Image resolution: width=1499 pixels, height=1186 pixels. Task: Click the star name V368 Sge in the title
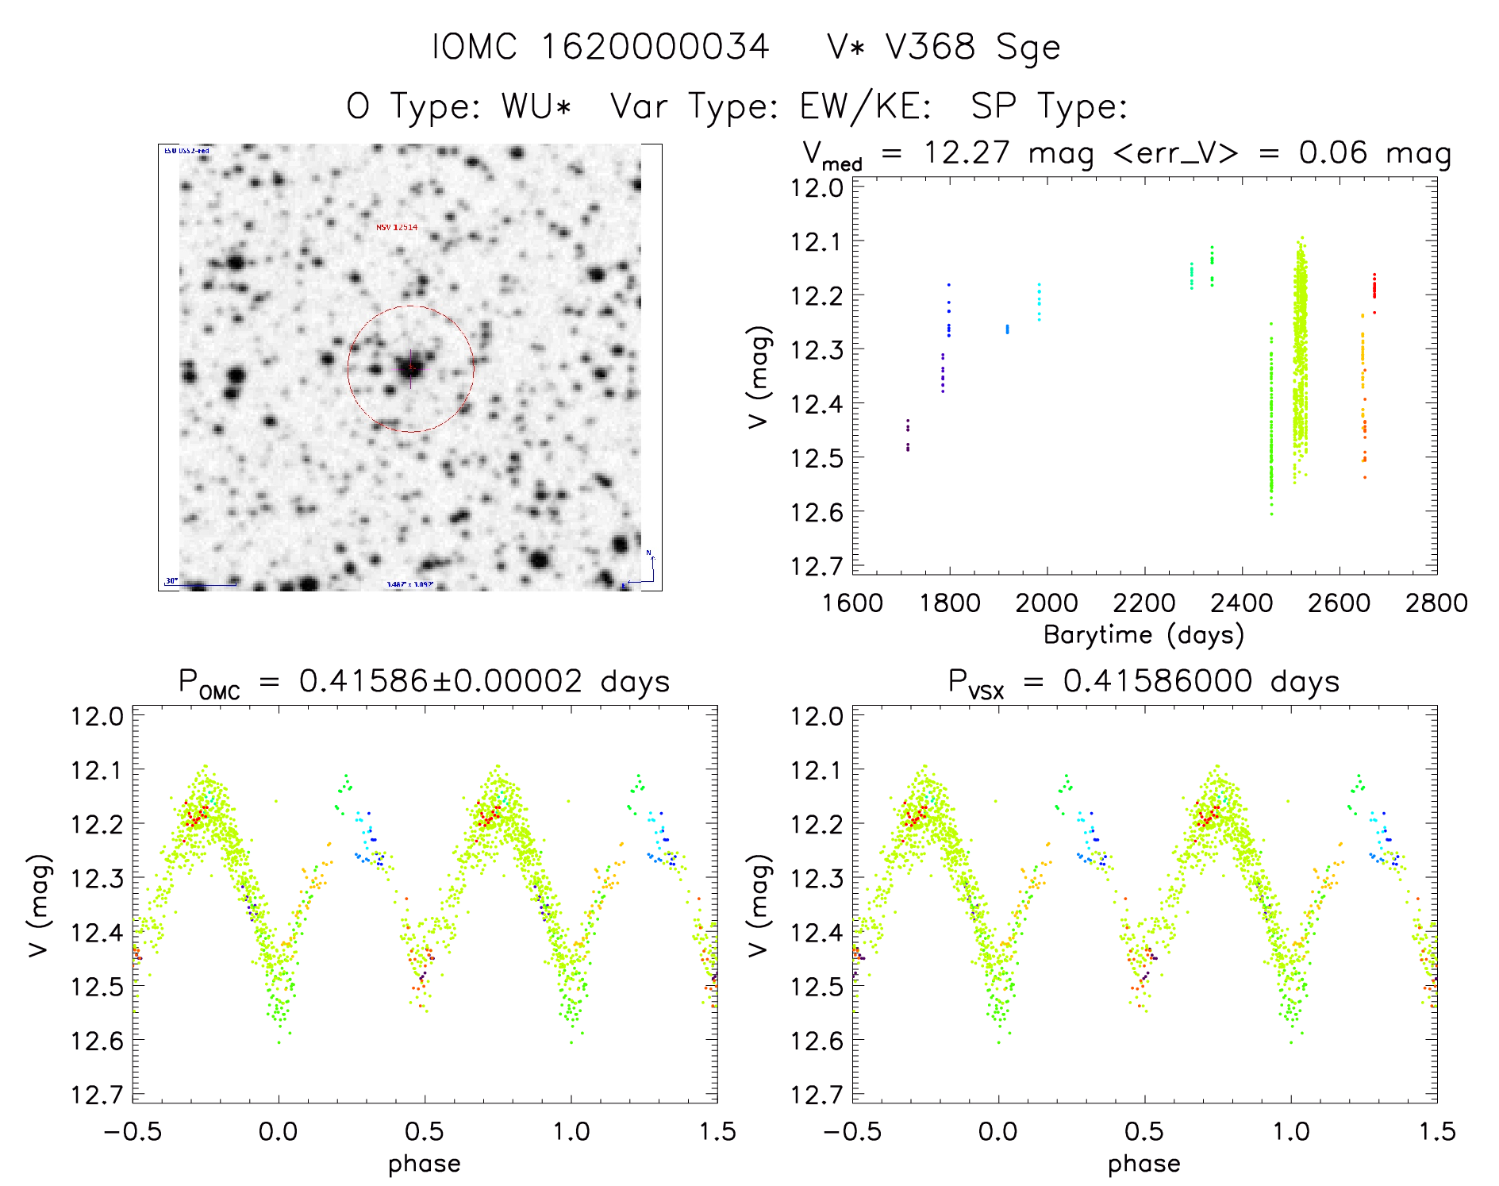[x=943, y=47]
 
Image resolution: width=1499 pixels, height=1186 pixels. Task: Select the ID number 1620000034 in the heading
[x=655, y=47]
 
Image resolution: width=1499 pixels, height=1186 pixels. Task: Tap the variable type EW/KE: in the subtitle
[x=866, y=106]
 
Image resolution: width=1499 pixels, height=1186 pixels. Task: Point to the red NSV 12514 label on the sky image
[x=397, y=228]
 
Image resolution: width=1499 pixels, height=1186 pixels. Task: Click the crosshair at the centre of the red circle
[x=410, y=368]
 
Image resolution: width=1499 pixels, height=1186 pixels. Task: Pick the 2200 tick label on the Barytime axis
[x=1144, y=603]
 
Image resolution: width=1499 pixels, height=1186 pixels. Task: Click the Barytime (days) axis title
[x=1143, y=635]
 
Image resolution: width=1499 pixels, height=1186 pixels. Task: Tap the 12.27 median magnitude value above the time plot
[x=967, y=152]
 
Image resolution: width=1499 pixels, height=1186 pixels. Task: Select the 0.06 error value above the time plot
[x=1333, y=152]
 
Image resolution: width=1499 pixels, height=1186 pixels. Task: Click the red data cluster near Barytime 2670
[x=1374, y=286]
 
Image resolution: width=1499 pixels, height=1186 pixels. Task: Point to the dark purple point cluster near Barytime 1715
[x=908, y=435]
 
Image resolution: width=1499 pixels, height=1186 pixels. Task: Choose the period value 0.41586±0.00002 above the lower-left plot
[x=440, y=681]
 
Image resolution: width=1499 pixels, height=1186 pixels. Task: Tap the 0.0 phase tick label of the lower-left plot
[x=279, y=1131]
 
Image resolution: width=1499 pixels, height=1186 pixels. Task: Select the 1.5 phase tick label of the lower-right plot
[x=1436, y=1131]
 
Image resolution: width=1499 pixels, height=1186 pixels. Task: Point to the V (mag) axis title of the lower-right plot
[x=759, y=906]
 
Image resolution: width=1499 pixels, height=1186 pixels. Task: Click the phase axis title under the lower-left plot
[x=425, y=1164]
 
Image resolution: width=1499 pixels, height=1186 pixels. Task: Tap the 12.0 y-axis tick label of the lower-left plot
[x=97, y=716]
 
